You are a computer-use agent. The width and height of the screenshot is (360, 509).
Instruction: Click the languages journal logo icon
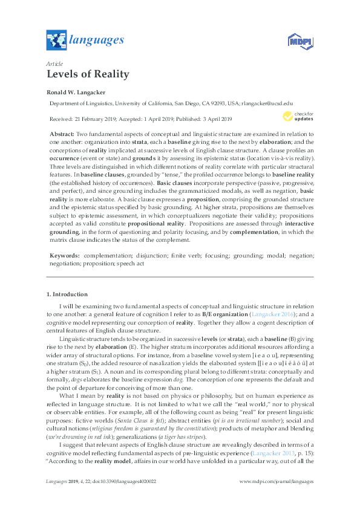(56, 41)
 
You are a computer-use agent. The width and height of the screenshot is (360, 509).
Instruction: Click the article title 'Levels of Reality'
(88, 74)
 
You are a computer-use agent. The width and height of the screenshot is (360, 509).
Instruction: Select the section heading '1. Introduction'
(67, 294)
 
